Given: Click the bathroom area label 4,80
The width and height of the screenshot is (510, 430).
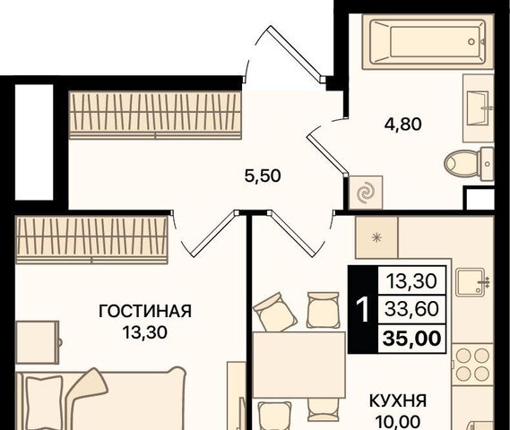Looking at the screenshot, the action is point(403,125).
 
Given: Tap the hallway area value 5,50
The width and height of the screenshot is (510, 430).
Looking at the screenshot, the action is point(263,176).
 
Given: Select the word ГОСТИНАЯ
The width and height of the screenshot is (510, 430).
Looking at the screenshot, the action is point(145,311).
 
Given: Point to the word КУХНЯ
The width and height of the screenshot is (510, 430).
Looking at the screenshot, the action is point(398,401).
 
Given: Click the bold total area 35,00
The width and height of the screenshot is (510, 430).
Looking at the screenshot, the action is point(412,339).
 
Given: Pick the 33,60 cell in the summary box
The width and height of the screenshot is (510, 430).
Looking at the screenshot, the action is point(411,309).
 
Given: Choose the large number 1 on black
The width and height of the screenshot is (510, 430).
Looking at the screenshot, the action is point(363,309).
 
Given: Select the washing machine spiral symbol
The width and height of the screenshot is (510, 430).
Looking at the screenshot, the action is point(367,193).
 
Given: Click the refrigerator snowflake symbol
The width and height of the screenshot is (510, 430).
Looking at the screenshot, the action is point(376,238).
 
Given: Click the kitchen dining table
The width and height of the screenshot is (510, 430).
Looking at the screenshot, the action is point(298,365).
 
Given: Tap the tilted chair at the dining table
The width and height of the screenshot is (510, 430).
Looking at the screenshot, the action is point(275,312).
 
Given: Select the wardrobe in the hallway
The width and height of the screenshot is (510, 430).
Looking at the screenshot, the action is point(155,115).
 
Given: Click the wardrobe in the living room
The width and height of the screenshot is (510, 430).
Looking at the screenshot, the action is point(92,239).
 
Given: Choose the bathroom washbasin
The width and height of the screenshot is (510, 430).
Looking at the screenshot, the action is point(478,108).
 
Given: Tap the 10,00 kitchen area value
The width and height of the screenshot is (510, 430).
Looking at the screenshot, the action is point(397,422).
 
